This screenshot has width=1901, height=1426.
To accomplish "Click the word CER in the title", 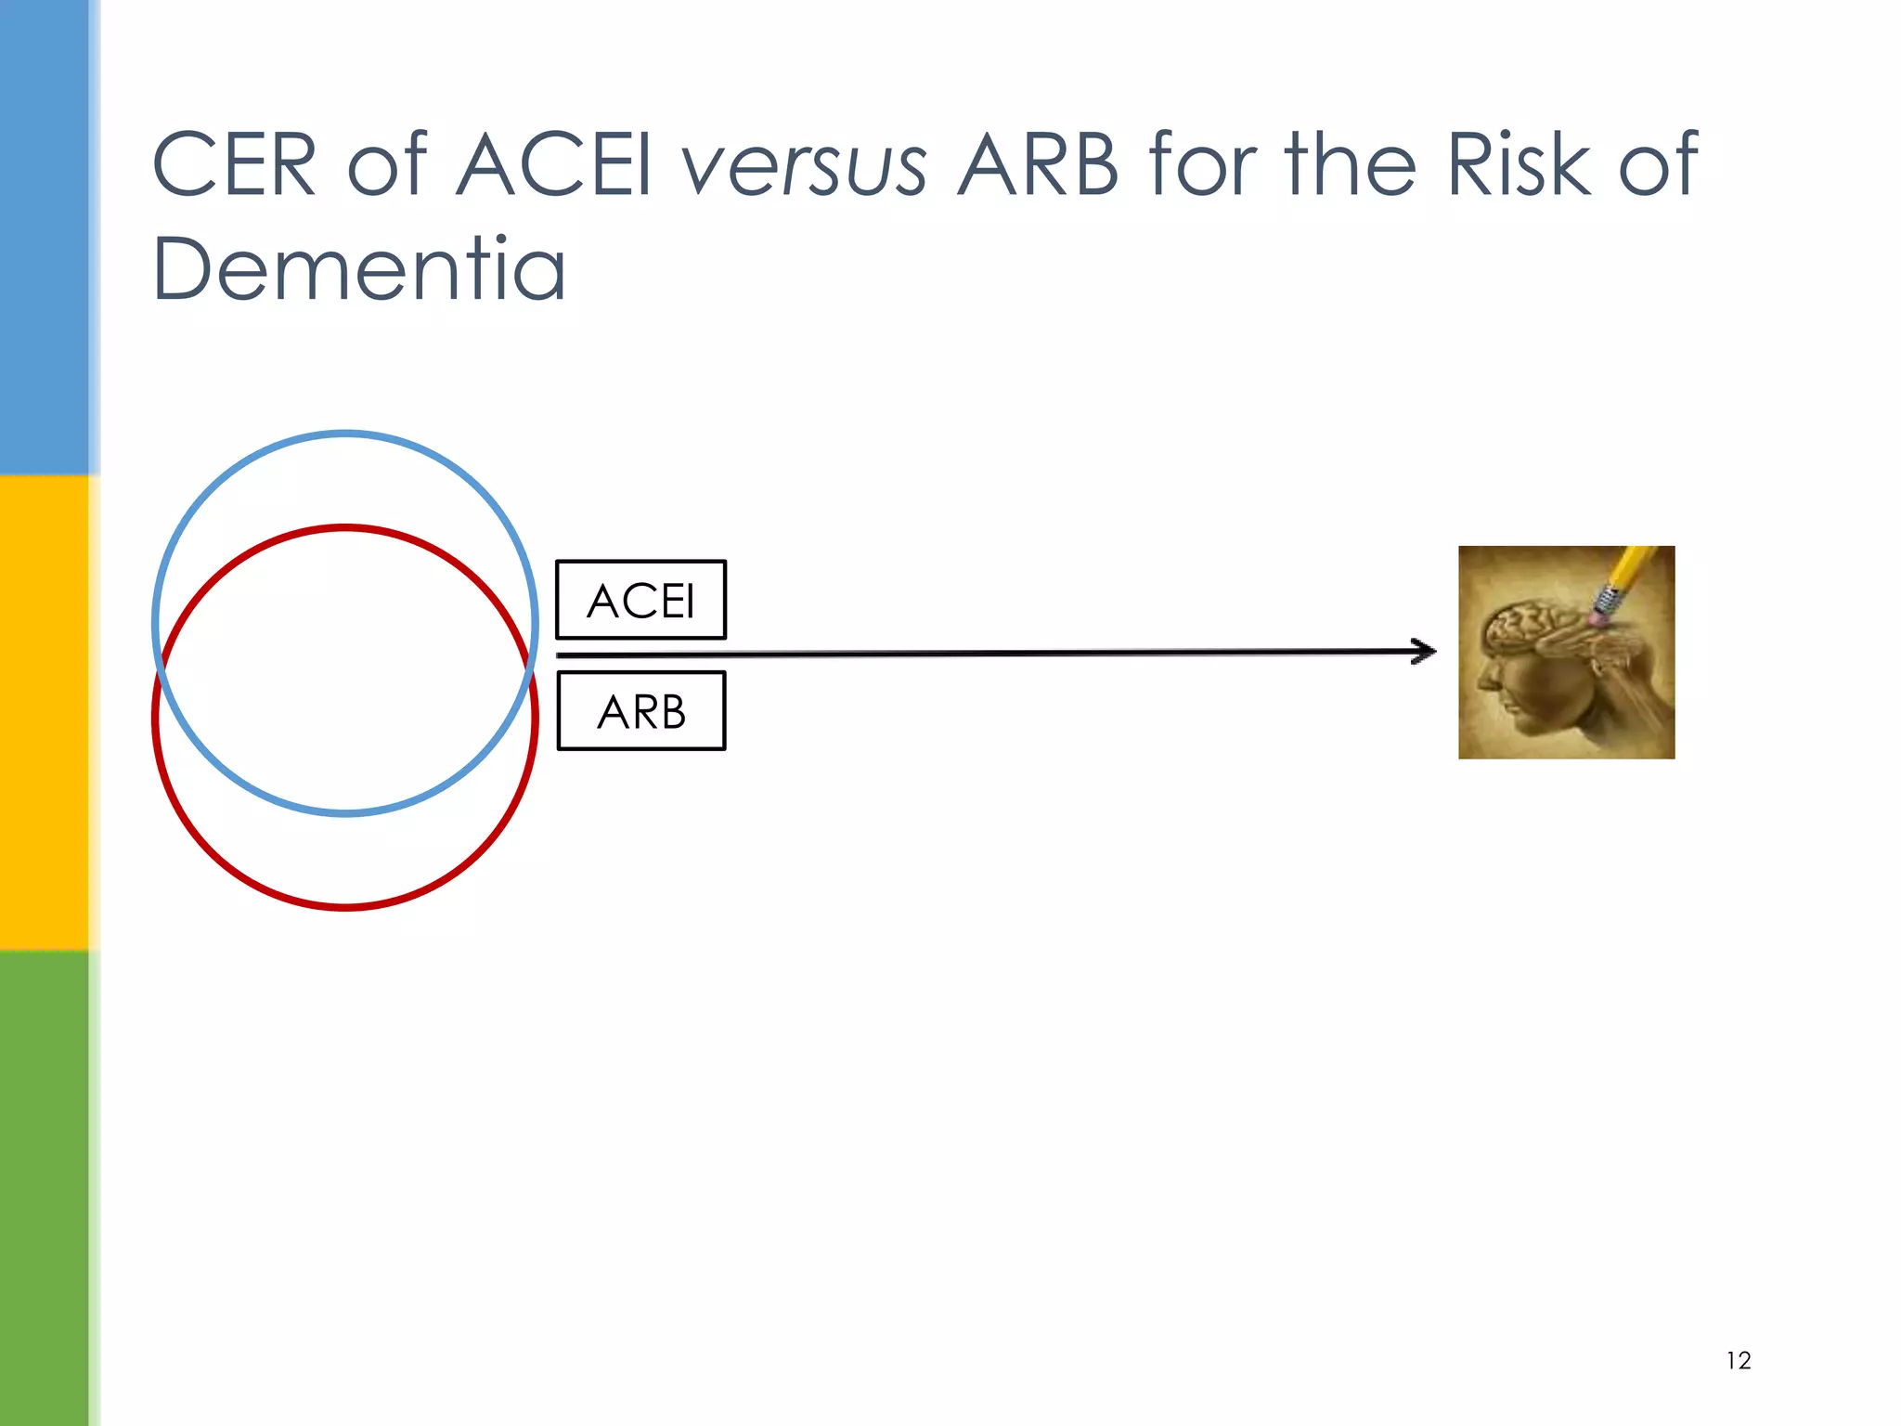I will pos(234,165).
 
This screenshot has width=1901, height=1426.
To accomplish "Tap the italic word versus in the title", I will pos(804,167).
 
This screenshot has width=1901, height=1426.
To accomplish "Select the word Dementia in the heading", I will pos(358,268).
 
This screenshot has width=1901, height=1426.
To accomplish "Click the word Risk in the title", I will pos(1517,165).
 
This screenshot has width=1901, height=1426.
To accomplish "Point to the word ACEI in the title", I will pos(554,165).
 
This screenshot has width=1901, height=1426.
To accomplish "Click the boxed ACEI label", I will pos(640,601).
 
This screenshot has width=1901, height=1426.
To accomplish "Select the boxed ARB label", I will pos(640,712).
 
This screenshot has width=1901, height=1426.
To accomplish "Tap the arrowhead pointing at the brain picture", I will pos(1425,652).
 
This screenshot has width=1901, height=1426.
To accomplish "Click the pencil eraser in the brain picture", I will pos(1602,614).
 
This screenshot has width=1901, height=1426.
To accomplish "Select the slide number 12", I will pos(1738,1361).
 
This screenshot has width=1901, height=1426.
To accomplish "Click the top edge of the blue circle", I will pos(345,434).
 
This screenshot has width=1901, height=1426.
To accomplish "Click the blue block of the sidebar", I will pos(45,237).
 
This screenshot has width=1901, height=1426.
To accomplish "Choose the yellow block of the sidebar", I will pos(45,713).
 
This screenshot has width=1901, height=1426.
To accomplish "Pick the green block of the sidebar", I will pos(45,1188).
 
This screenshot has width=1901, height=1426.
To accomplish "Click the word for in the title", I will pos(1203,165).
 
